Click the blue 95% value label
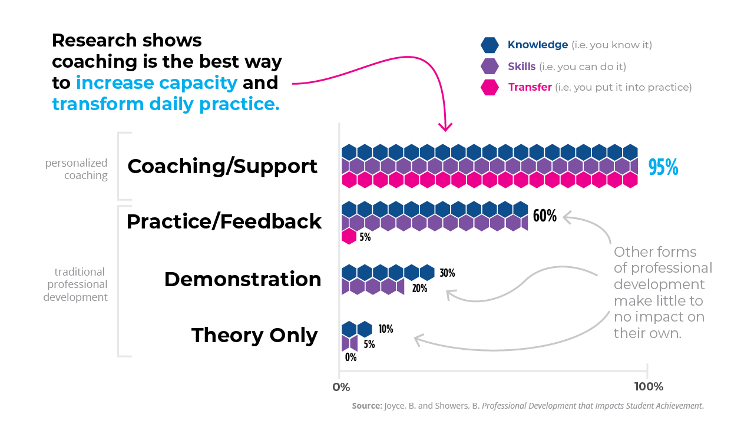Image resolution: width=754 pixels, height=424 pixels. pyautogui.click(x=663, y=168)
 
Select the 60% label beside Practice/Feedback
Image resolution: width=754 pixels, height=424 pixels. pyautogui.click(x=544, y=216)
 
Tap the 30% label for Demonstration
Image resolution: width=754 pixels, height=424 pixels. pyautogui.click(x=447, y=273)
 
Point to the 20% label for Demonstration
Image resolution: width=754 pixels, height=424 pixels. pyautogui.click(x=419, y=289)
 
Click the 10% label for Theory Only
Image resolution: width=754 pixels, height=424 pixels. pyautogui.click(x=386, y=329)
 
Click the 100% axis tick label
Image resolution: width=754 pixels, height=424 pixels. pyautogui.click(x=648, y=387)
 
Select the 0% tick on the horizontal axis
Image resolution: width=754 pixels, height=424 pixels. pyautogui.click(x=341, y=387)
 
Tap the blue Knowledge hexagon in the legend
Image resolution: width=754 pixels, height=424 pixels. pyautogui.click(x=490, y=45)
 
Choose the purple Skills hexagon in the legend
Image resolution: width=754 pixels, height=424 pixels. pyautogui.click(x=490, y=66)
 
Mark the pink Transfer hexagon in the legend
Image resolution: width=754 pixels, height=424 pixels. pyautogui.click(x=490, y=87)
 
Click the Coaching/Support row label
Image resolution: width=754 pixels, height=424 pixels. pyautogui.click(x=222, y=166)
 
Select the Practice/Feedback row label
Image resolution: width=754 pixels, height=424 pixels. pyautogui.click(x=224, y=221)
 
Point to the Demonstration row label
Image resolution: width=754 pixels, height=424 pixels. pyautogui.click(x=243, y=279)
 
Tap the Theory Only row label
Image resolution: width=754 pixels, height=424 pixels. pyautogui.click(x=254, y=335)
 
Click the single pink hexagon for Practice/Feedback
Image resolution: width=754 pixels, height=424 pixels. pyautogui.click(x=349, y=237)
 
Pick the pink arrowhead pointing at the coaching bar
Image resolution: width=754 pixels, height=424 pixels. pyautogui.click(x=446, y=127)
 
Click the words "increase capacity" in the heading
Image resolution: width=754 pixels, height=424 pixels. pyautogui.click(x=156, y=82)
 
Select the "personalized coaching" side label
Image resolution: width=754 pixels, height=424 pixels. pyautogui.click(x=77, y=169)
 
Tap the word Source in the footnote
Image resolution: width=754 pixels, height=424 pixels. pyautogui.click(x=365, y=406)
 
